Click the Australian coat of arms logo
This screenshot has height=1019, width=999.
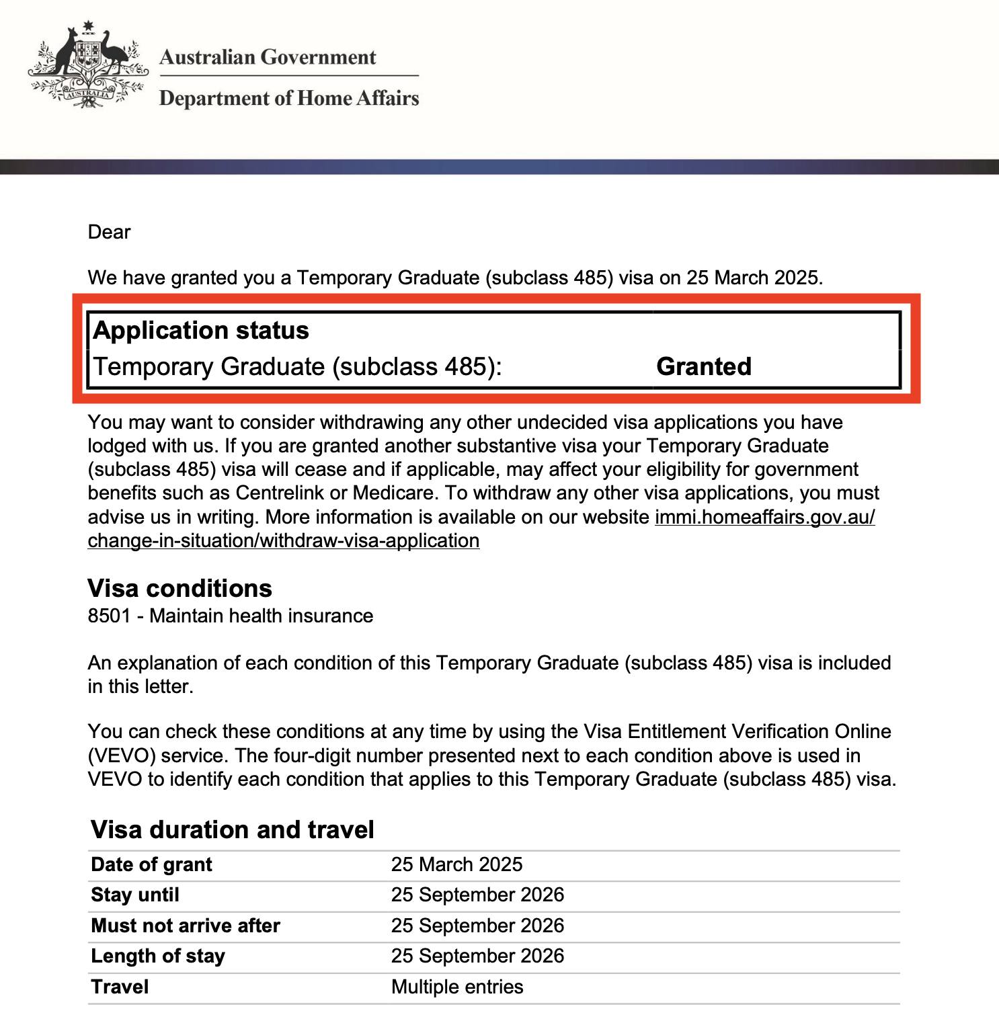click(x=87, y=65)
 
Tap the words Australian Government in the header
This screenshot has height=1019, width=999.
click(x=268, y=57)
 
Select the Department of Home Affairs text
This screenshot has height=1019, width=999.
click(x=289, y=98)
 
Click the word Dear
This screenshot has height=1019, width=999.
click(x=109, y=232)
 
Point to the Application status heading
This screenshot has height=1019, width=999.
click(x=201, y=330)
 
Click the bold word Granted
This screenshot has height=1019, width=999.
click(x=704, y=366)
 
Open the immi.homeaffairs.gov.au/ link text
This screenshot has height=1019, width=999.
click(x=764, y=517)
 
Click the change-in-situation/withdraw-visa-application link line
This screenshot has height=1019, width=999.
click(x=283, y=540)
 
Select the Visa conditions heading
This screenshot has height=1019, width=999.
click(x=179, y=588)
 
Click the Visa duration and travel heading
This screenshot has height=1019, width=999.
click(x=232, y=829)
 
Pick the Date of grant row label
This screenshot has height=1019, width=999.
click(x=151, y=864)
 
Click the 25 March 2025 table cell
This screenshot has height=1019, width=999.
click(x=456, y=864)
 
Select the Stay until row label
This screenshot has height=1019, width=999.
click(x=135, y=895)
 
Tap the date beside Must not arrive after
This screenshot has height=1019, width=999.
click(x=477, y=926)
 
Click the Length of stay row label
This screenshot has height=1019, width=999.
click(x=158, y=956)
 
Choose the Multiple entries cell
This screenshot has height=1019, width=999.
click(x=457, y=987)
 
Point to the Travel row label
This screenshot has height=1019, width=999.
click(x=120, y=987)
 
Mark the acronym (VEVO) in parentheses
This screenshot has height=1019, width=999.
click(x=122, y=756)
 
